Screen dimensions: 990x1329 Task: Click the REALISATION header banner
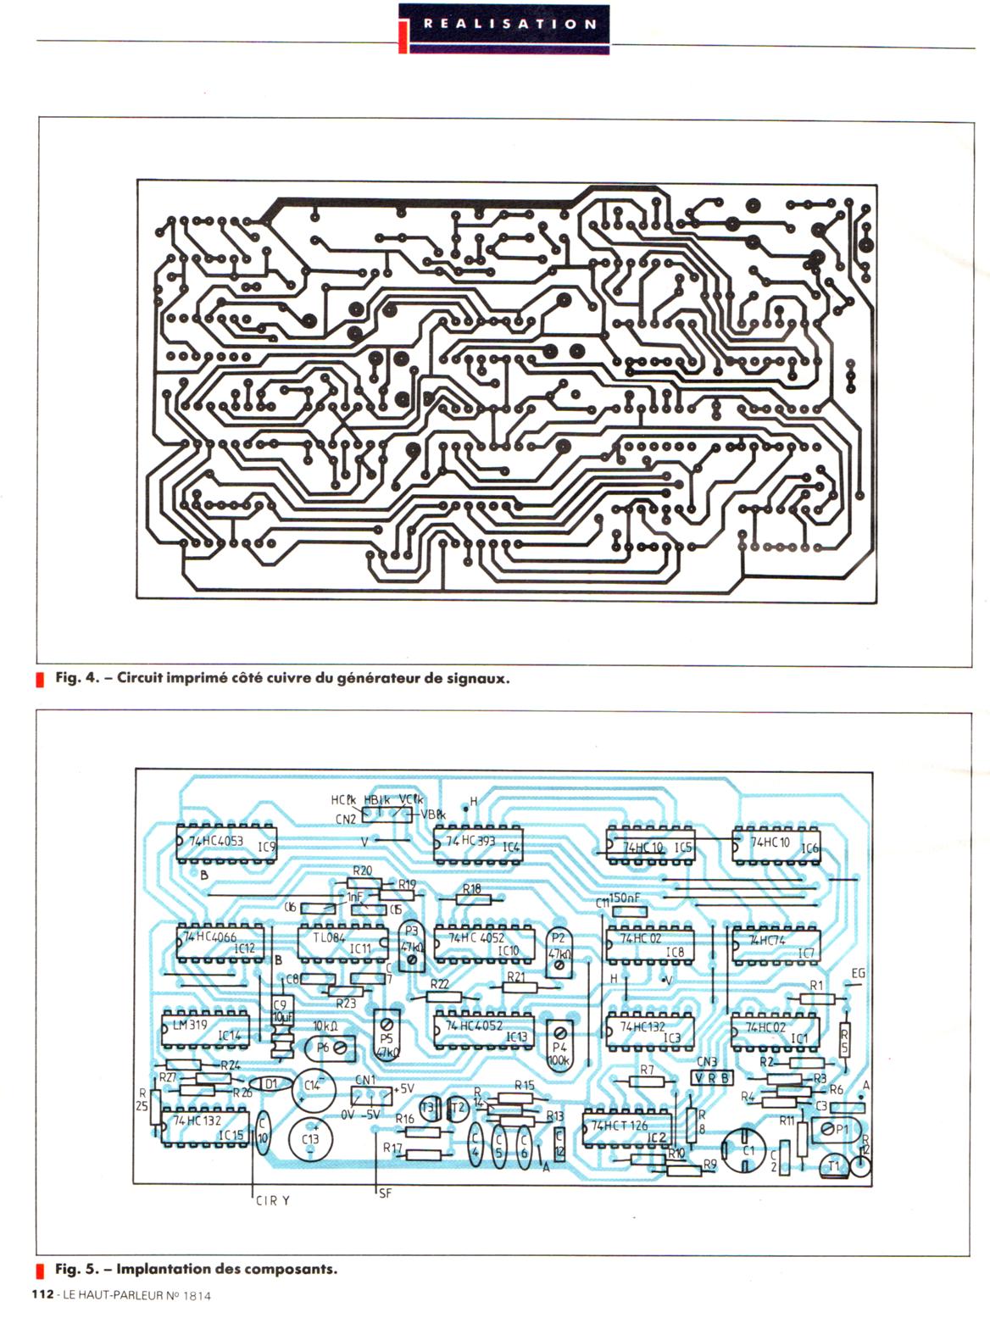(503, 25)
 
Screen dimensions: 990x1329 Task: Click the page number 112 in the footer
(43, 1294)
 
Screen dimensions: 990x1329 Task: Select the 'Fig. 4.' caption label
(78, 678)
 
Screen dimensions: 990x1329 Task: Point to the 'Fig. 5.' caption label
(78, 1269)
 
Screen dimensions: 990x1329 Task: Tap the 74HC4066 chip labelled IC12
(221, 942)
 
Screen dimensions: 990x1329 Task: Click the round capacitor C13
(310, 1140)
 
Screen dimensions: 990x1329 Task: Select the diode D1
(270, 1084)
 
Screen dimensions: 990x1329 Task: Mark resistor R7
(647, 1081)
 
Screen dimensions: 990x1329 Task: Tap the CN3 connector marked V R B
(712, 1077)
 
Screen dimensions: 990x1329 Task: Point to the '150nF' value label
(623, 898)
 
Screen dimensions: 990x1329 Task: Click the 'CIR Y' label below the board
(273, 1200)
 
